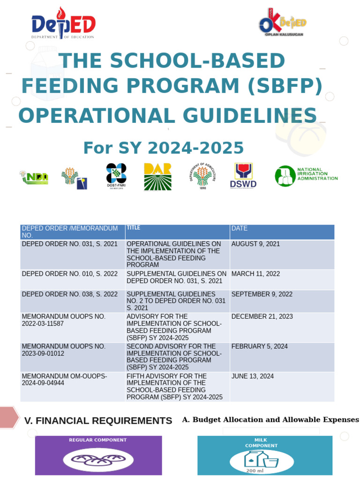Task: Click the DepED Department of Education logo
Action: (x=63, y=23)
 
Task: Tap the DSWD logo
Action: (x=243, y=176)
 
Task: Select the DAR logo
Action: (x=157, y=177)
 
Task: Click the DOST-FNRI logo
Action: (x=116, y=176)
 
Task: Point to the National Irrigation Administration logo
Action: (x=306, y=176)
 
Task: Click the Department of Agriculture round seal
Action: (x=202, y=176)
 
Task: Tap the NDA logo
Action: (x=34, y=177)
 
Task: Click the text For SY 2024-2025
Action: (x=164, y=148)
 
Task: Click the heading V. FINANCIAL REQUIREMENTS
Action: (x=98, y=421)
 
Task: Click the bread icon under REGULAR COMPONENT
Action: (x=98, y=460)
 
